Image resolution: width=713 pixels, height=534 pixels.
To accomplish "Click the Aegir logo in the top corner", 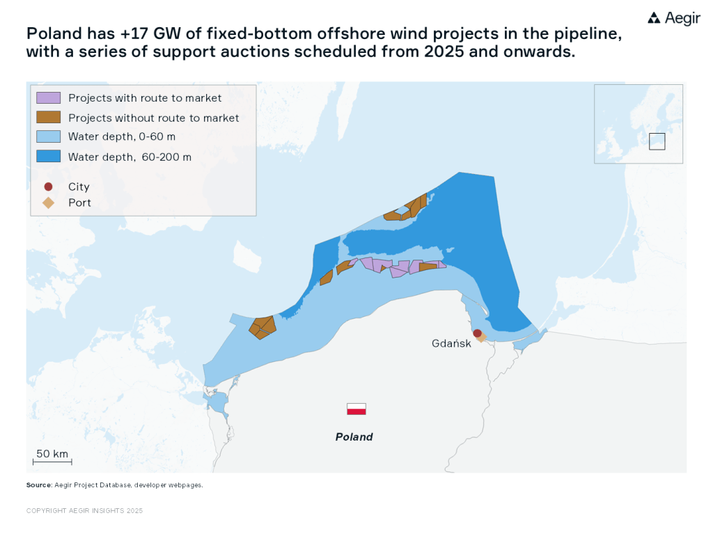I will [673, 19].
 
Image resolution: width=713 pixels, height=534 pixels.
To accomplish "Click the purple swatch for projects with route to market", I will [49, 98].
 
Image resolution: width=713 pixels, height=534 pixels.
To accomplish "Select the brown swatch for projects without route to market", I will [49, 118].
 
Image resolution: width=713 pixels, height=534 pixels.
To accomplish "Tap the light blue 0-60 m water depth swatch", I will [49, 136].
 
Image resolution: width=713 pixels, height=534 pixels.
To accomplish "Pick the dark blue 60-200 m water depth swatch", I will [49, 157].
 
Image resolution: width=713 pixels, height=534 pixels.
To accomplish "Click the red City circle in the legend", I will [48, 187].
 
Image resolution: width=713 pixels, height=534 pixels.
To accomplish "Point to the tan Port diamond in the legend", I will [48, 203].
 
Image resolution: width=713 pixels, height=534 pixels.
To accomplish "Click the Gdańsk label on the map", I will [451, 343].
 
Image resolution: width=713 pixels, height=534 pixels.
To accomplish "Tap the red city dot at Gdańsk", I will [477, 333].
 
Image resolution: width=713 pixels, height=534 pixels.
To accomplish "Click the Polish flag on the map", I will [356, 409].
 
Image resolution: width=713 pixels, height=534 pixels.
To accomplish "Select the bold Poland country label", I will [354, 437].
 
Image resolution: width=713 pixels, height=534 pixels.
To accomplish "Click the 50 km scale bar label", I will [52, 454].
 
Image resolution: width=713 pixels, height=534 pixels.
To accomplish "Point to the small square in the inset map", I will [657, 141].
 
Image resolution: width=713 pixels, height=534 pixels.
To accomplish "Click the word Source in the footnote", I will [38, 485].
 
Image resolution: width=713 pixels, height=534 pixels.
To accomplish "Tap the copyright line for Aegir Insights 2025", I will [84, 510].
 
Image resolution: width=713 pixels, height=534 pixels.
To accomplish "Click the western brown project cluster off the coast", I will [263, 327].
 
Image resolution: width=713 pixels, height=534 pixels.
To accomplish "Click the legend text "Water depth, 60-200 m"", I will [130, 157].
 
